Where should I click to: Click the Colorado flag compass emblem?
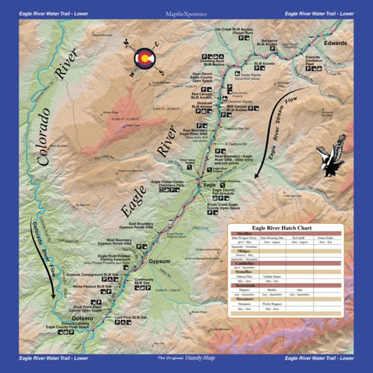click(x=142, y=61)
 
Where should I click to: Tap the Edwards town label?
click(x=335, y=43)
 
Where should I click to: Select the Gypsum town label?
click(x=159, y=261)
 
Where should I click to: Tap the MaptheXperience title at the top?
click(x=186, y=13)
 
